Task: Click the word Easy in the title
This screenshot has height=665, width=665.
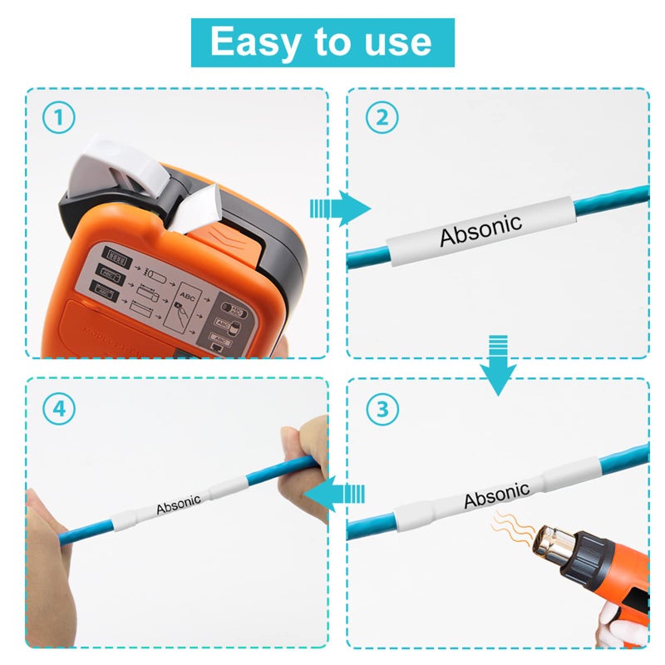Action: tap(253, 42)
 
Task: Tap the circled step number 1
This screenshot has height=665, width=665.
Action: tap(57, 118)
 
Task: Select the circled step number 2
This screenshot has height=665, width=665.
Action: tap(382, 118)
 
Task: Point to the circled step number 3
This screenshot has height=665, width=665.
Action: tap(382, 408)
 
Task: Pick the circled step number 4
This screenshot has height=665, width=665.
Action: tap(57, 408)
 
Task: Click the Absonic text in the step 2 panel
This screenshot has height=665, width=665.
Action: tap(480, 229)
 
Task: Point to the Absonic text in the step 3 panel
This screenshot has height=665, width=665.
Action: tap(496, 495)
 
